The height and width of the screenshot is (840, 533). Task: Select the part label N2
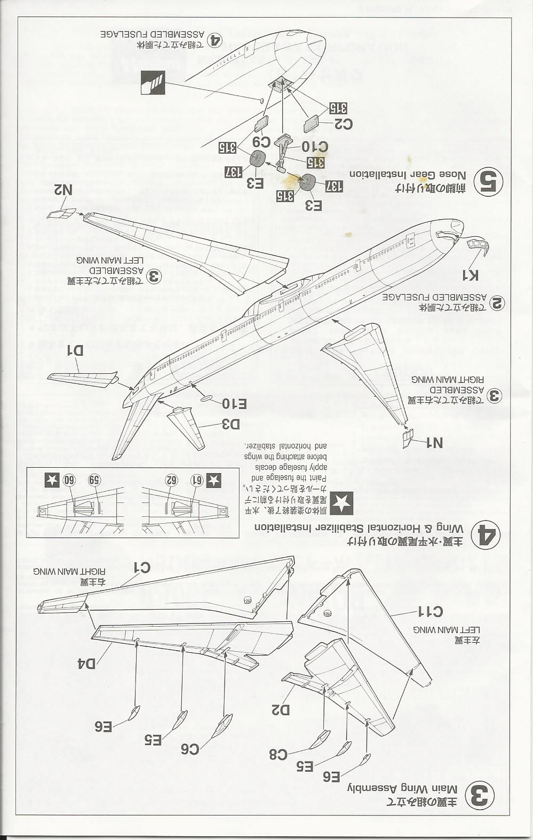63,190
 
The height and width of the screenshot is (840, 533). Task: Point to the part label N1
434,442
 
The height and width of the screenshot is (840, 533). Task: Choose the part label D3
228,424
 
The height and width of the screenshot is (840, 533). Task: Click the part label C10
315,147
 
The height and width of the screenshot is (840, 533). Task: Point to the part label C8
278,754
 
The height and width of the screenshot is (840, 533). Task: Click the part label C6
190,749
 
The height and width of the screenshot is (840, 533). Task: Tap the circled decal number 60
68,479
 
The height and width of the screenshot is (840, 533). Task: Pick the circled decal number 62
171,480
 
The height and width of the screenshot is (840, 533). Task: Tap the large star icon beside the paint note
341,503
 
